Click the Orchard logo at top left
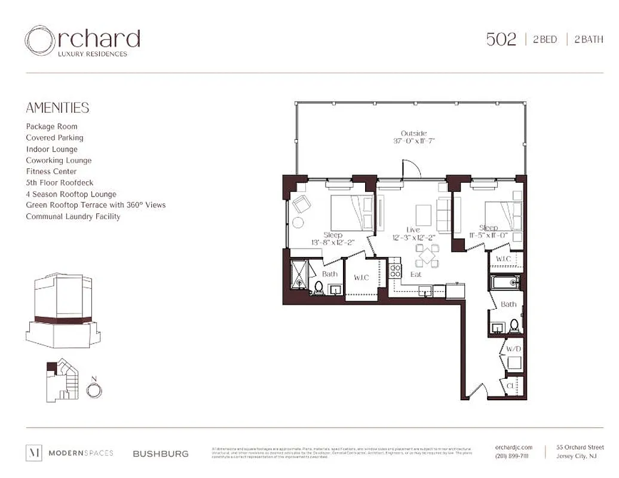pos(82,41)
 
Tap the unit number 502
pos(501,40)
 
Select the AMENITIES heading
pos(57,108)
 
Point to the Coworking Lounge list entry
pos(59,160)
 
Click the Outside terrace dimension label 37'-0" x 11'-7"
pos(413,142)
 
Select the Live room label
pos(413,229)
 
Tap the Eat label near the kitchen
pos(416,275)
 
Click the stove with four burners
pos(396,271)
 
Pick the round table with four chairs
pos(427,255)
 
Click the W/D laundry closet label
pos(513,348)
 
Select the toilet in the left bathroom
pos(318,289)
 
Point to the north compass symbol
pos(94,390)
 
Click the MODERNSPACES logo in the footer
pos(69,454)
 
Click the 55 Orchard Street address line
pos(580,447)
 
